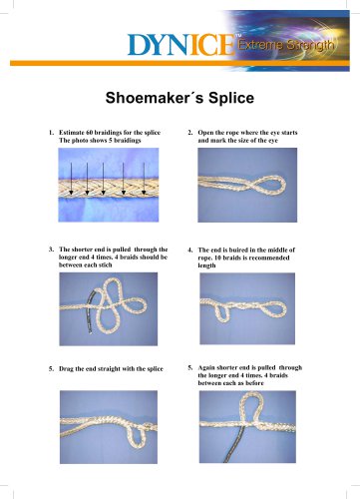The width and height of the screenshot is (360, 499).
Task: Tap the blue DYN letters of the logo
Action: point(157,45)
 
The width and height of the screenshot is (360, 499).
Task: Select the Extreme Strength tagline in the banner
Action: point(286,45)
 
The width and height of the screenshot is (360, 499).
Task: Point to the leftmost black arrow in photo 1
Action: point(71,179)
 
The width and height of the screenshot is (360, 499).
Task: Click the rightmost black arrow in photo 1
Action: point(144,179)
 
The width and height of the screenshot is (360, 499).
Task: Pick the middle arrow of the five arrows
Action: point(103,179)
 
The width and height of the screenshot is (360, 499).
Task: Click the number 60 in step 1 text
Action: point(89,133)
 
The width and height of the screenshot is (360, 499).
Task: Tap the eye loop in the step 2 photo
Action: point(270,185)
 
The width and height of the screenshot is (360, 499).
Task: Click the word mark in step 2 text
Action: point(218,141)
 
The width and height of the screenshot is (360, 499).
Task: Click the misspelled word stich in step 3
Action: point(105,265)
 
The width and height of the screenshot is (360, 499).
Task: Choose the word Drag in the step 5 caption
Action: point(66,369)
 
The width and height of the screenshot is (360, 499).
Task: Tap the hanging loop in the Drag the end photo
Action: point(139,436)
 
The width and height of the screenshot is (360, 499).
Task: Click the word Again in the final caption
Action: point(206,368)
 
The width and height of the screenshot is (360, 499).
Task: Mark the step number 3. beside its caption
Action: point(51,249)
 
